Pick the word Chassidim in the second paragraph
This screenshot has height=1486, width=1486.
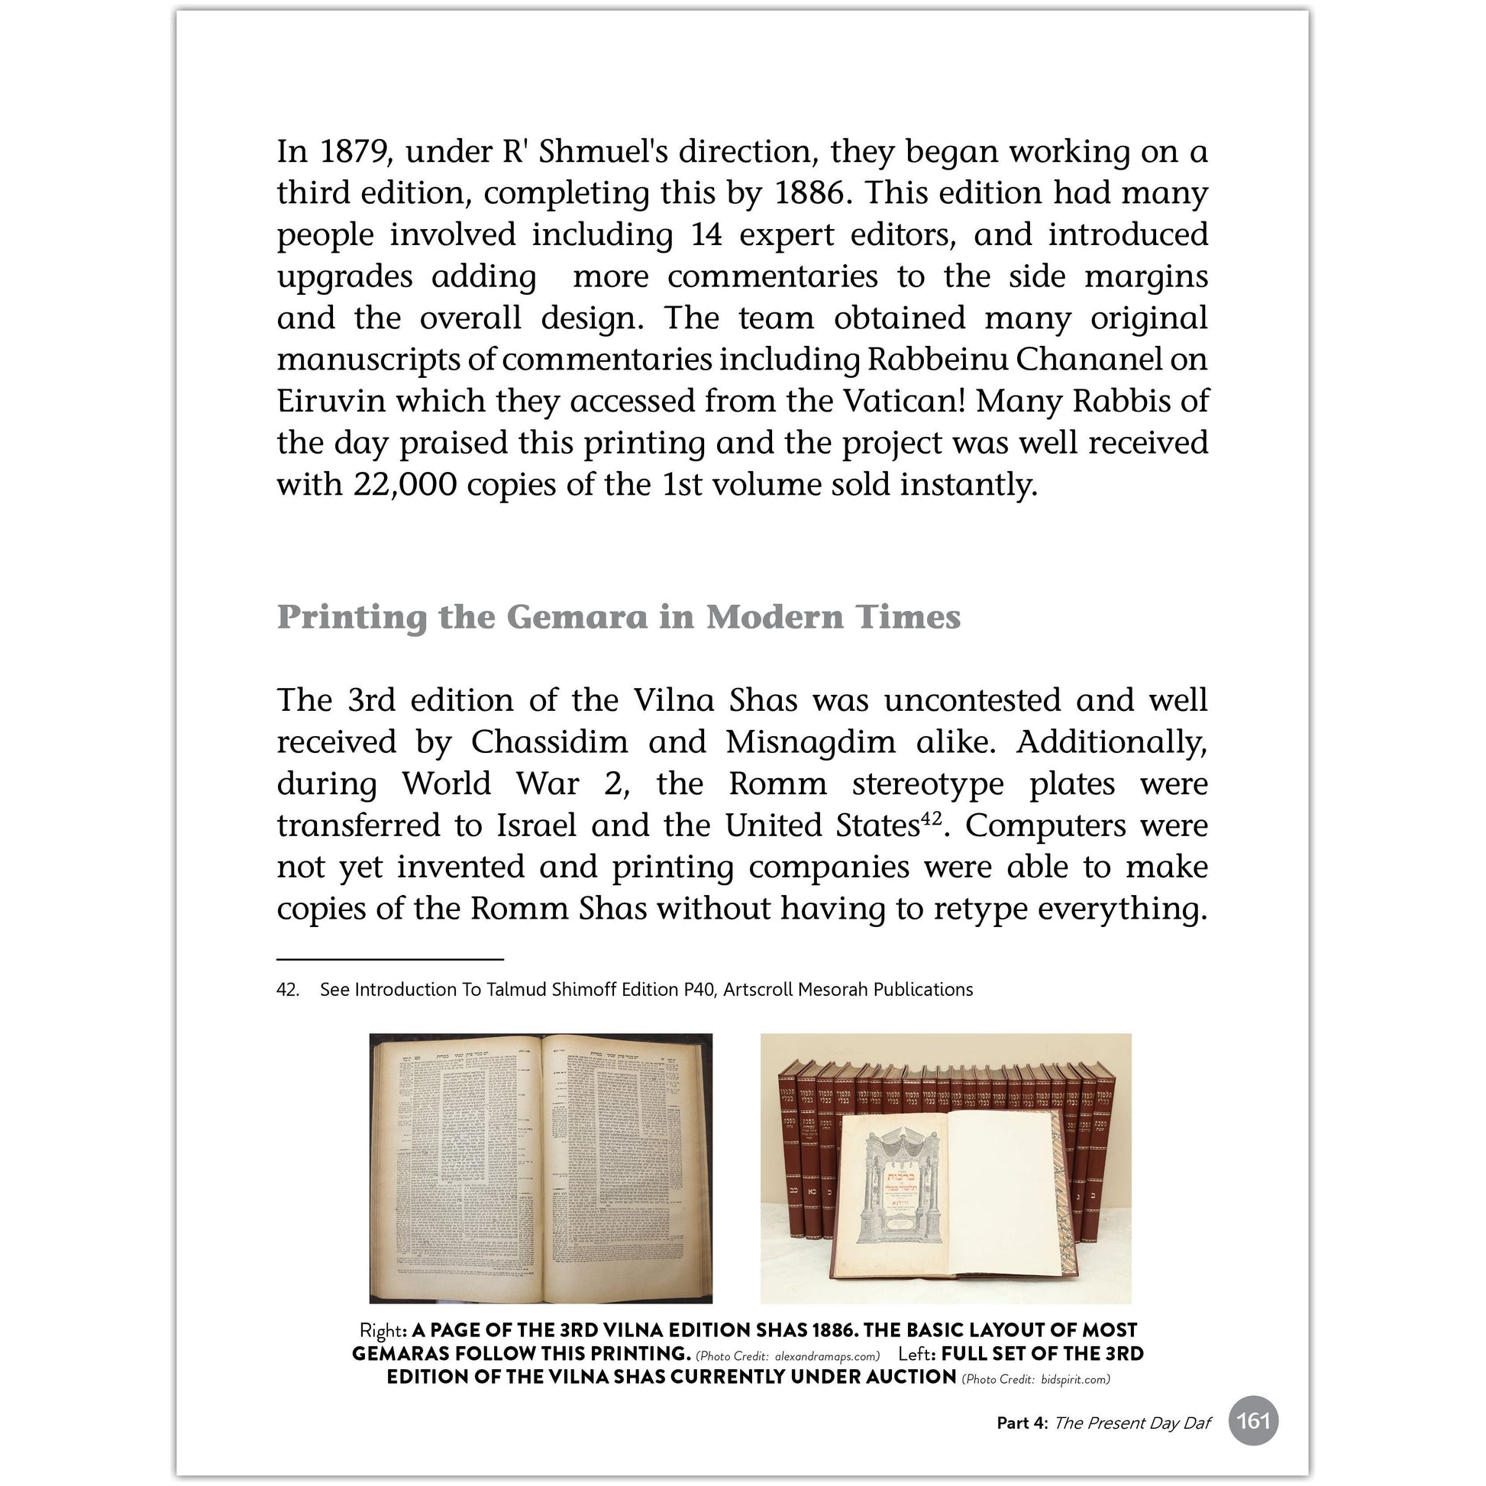549,742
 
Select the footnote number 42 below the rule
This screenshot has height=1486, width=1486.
287,990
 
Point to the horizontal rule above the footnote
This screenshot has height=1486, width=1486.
390,960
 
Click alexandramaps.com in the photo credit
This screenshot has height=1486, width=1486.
826,1356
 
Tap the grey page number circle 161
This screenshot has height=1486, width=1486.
1253,1420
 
